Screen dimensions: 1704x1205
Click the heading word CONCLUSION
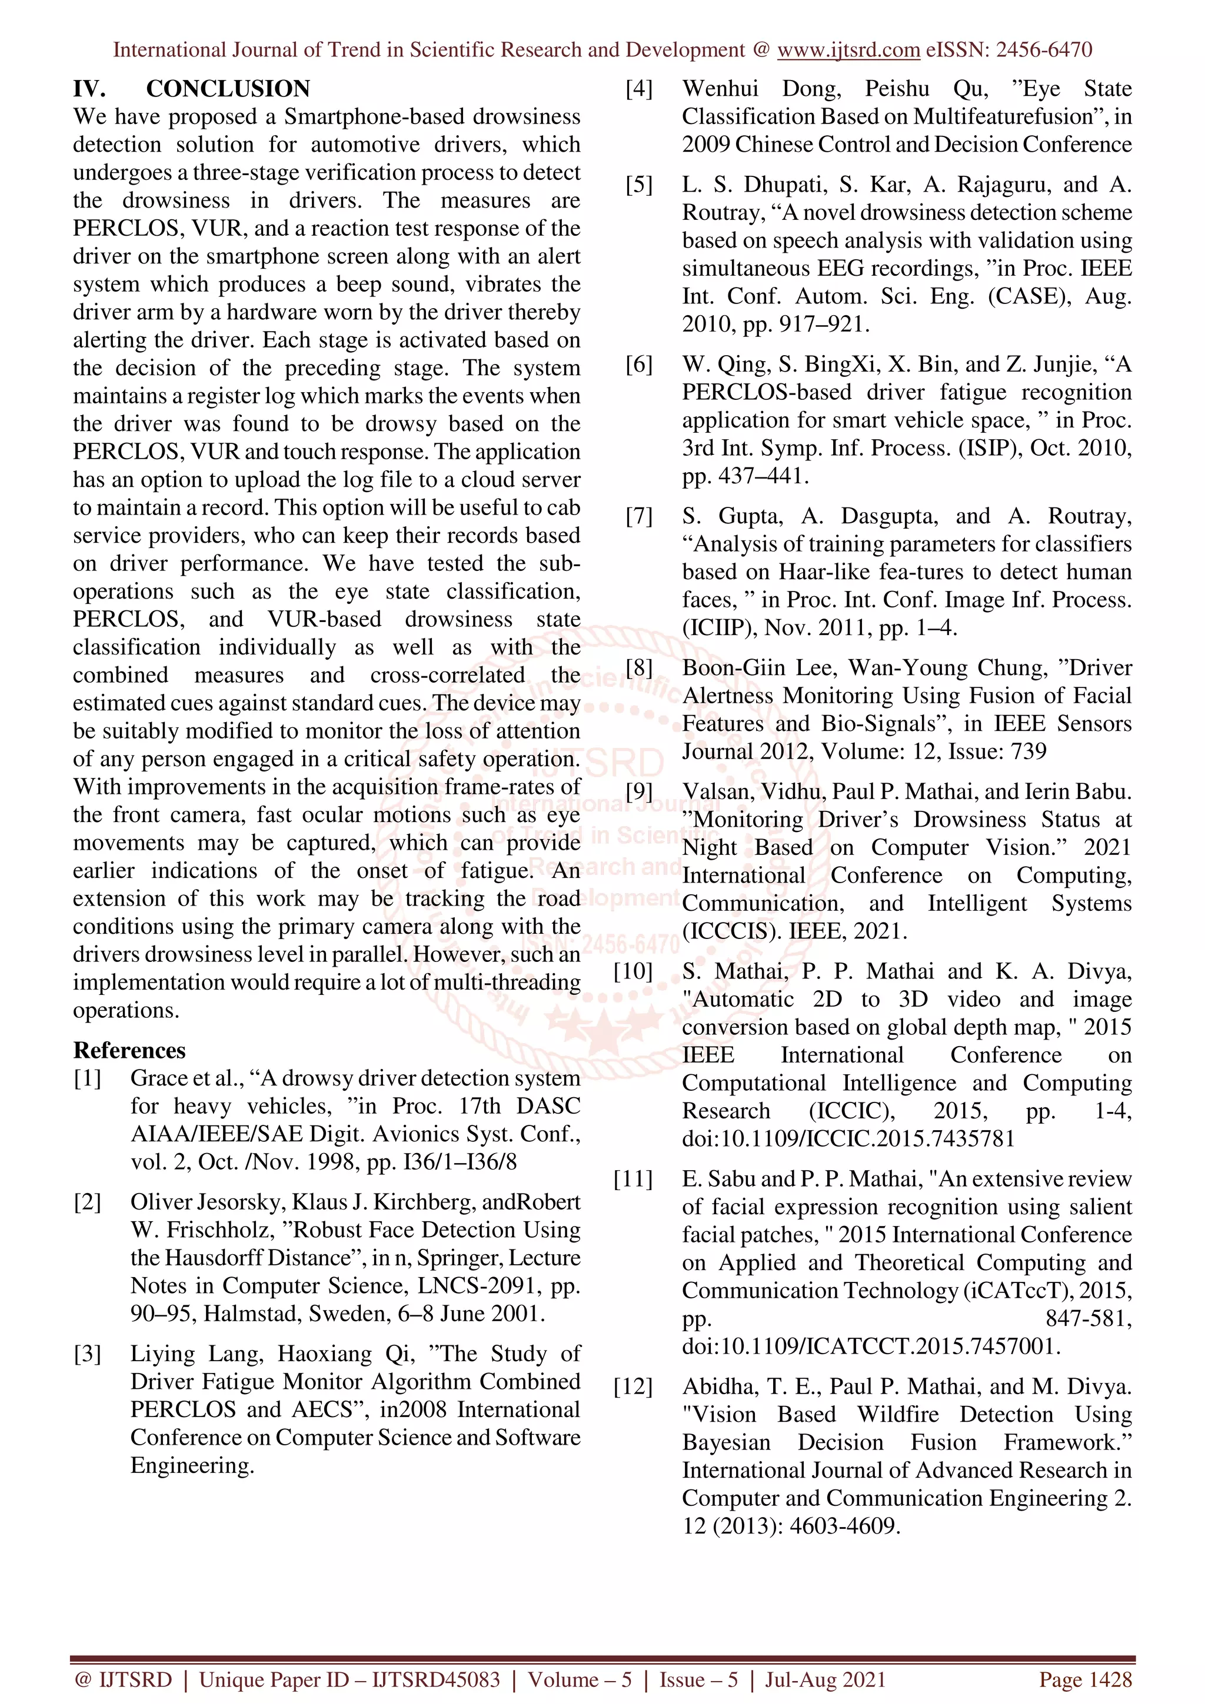(227, 89)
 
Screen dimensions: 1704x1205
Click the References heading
(129, 1050)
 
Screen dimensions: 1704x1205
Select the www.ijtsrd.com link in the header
(848, 50)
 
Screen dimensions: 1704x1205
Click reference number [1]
(87, 1078)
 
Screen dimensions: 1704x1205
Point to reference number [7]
(638, 516)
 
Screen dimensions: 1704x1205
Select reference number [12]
(633, 1386)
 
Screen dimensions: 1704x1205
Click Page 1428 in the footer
(1085, 1679)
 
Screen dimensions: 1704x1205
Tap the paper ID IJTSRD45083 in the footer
(435, 1679)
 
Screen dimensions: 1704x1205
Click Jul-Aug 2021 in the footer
(825, 1679)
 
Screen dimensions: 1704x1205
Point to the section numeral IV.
(89, 89)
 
